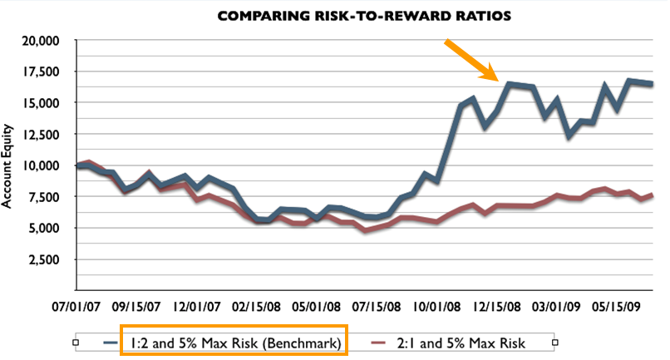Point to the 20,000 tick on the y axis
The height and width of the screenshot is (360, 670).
coord(41,40)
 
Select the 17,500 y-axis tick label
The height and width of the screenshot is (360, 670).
coord(41,72)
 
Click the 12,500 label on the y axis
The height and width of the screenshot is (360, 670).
coord(41,134)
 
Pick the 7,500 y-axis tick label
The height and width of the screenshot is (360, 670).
coord(45,197)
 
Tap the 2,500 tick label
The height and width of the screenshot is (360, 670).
coord(45,259)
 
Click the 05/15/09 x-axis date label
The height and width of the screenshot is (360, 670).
coord(620,305)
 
